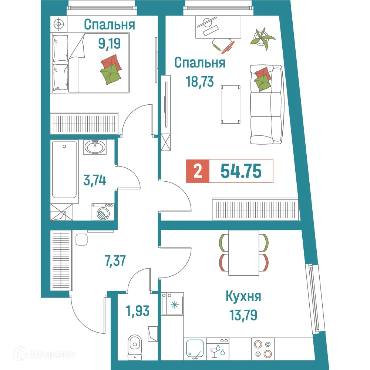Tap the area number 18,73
pos(199,81)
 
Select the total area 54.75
pos(241,171)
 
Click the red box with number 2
pos(198,171)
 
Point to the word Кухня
pos(243,297)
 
